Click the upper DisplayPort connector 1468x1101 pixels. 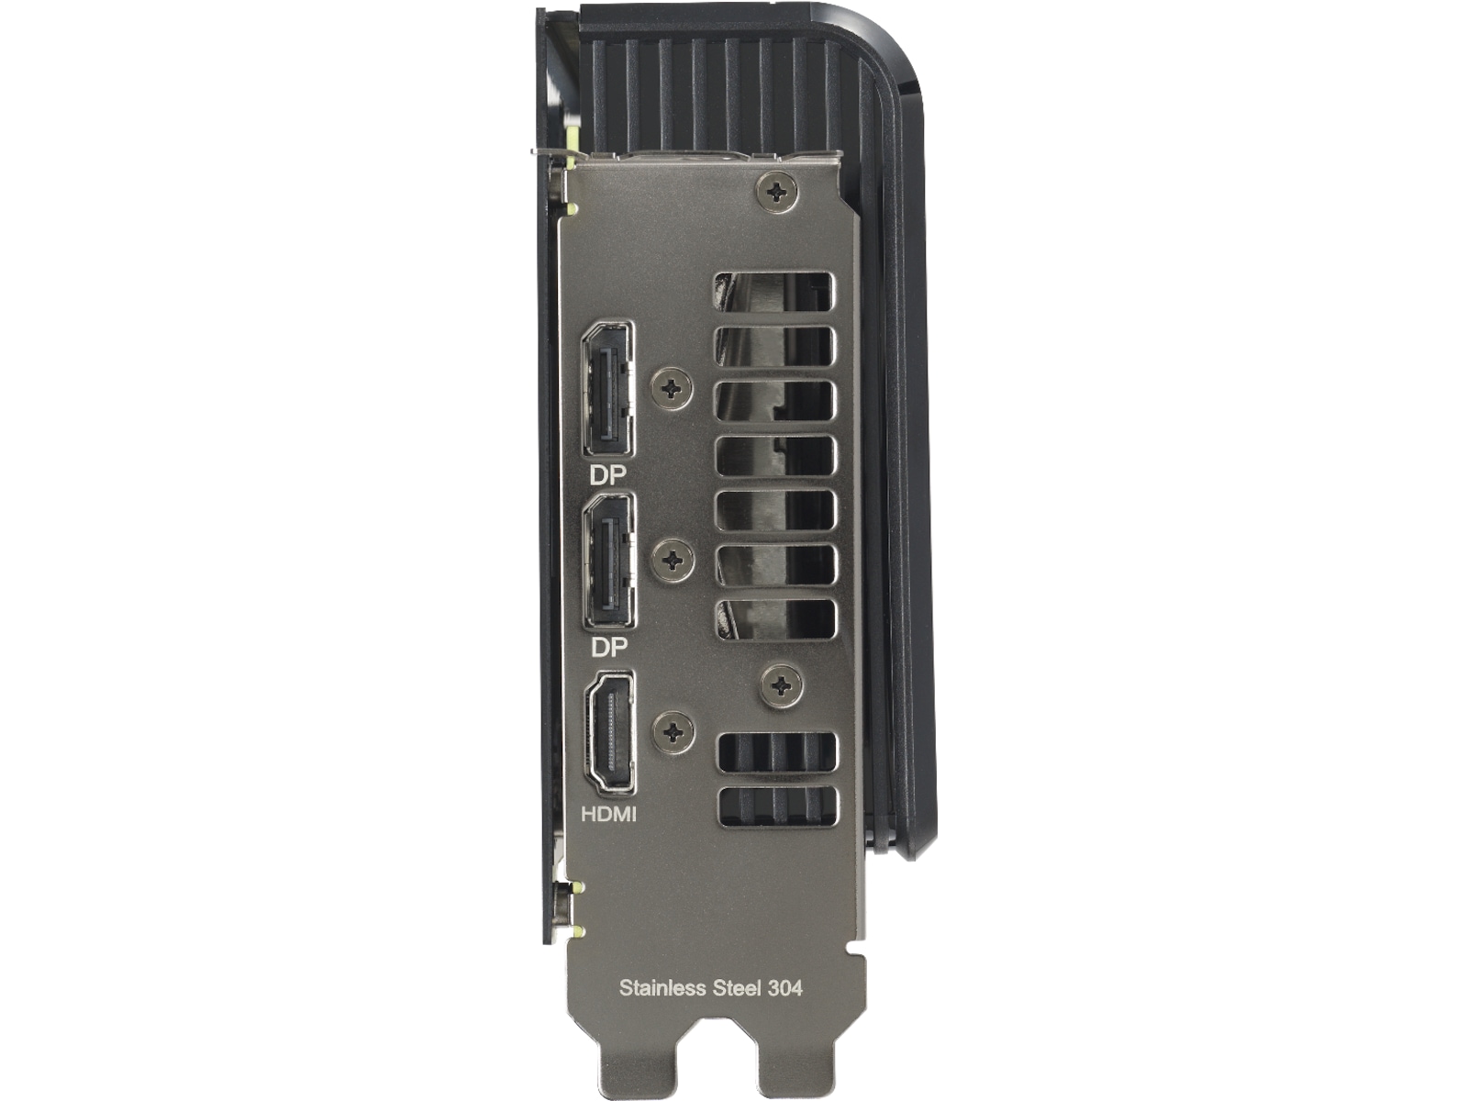tap(607, 390)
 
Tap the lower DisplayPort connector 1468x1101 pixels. tap(608, 562)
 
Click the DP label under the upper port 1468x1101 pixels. tap(607, 475)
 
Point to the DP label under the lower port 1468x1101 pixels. tap(608, 648)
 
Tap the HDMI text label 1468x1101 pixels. tap(609, 814)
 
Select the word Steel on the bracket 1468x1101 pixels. tap(737, 988)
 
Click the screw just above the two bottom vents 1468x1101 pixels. tap(781, 685)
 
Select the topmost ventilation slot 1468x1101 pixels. tap(773, 291)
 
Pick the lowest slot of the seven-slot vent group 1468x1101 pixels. tap(776, 619)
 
